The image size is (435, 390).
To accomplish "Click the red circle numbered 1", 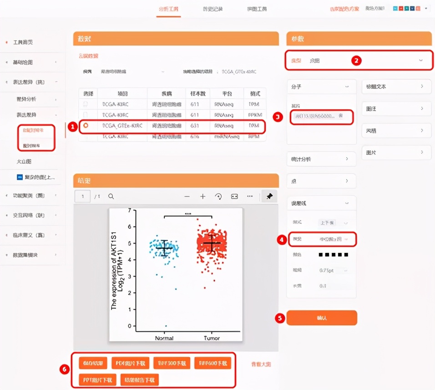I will point(71,127).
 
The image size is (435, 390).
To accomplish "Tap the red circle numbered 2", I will point(357,60).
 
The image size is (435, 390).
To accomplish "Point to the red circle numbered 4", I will point(281,239).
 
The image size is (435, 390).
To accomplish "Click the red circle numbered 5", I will point(280,318).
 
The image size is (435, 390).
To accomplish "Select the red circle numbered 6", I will point(65,369).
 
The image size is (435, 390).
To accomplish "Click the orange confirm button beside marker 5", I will point(321,318).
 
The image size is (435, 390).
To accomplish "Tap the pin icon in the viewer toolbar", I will point(269,196).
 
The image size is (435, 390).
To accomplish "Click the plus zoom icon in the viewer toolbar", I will point(202,196).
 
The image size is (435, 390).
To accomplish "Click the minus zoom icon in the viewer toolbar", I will point(187,196).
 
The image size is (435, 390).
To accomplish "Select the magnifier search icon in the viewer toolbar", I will point(111,196).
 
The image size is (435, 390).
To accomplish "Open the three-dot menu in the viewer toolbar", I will point(250,196).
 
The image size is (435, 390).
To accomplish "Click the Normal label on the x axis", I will point(164,338).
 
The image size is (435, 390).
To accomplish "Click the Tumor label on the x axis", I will point(212,338).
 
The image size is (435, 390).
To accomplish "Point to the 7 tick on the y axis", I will point(129,210).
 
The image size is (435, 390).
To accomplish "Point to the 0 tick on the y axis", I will point(129,326).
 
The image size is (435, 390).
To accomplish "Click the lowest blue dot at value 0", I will point(166,326).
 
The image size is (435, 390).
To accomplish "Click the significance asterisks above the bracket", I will point(187,213).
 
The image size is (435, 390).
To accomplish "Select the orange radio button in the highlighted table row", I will point(86,125).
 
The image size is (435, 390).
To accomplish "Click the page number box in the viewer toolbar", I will point(83,196).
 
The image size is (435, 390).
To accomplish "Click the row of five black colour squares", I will point(333,255).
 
